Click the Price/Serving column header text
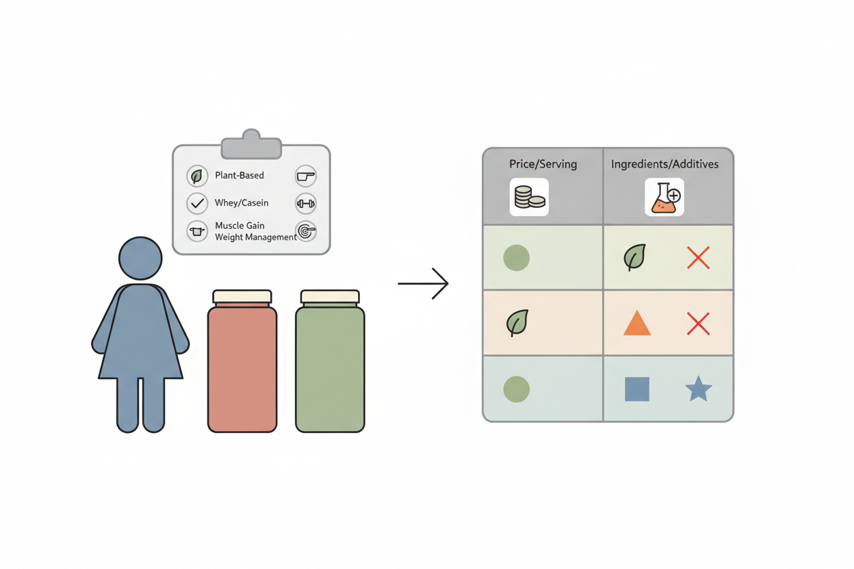coord(543,164)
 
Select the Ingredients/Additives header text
coord(664,164)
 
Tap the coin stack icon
coord(529,197)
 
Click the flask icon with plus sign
coord(664,197)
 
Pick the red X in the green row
coord(698,258)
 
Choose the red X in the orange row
coord(698,323)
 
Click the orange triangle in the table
coord(637,323)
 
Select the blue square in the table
coord(637,389)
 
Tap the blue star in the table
coord(699,389)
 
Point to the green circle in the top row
coord(517,258)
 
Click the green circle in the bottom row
coord(517,389)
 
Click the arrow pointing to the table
coord(423,284)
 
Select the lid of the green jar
coord(330,297)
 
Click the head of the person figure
coord(140,259)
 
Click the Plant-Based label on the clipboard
coord(240,175)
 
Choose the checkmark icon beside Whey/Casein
coord(197,204)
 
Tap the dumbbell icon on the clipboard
coord(306,204)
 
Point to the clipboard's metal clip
coord(251,145)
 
